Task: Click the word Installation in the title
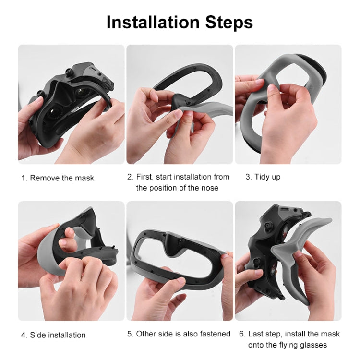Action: (153, 22)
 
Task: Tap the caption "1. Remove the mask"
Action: (58, 178)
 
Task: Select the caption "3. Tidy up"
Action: (263, 177)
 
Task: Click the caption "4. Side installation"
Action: (53, 335)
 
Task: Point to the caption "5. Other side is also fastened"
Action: (179, 334)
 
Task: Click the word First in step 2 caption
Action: (146, 177)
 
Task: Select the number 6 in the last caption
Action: (241, 334)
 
